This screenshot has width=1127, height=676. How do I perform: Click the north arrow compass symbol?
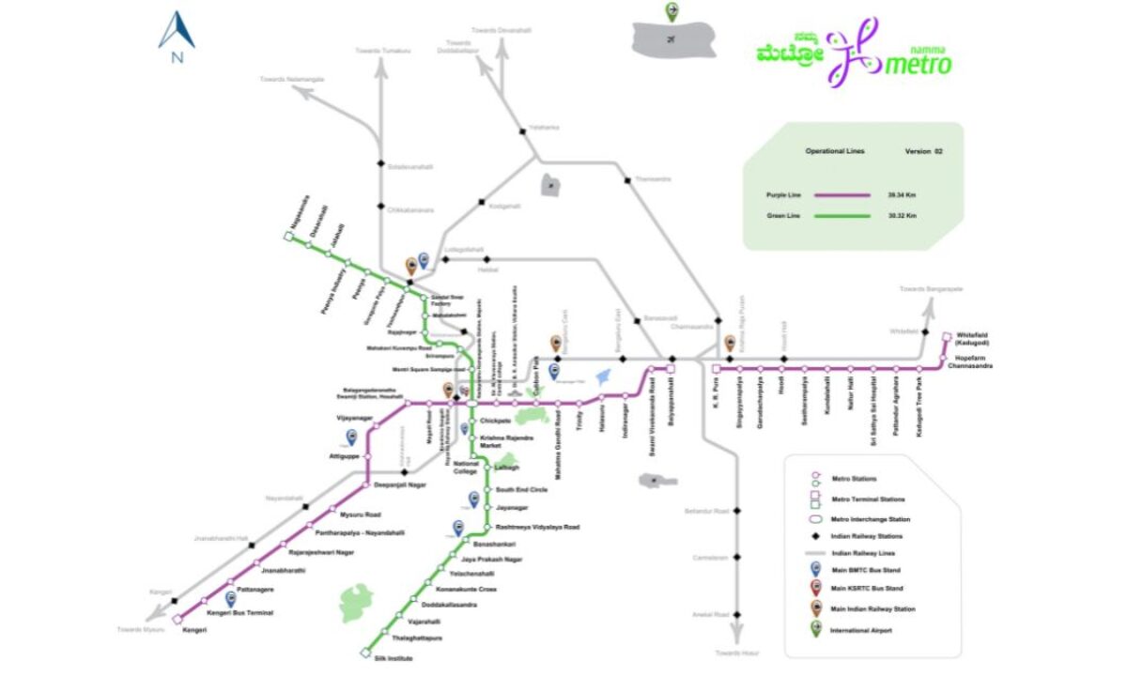coord(176,33)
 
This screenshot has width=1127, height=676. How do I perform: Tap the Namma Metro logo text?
coord(917,63)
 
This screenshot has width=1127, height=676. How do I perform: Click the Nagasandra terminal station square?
coord(289,236)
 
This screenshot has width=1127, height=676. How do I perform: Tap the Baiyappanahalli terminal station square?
coord(671,369)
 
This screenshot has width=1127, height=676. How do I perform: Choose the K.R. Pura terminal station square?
coord(716,369)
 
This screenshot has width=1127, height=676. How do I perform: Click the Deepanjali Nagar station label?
coord(401,484)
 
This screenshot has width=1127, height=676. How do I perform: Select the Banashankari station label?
coord(494,545)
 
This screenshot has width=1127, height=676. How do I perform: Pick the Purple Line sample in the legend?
coord(841,194)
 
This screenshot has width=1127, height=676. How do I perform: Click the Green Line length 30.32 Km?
coord(902,216)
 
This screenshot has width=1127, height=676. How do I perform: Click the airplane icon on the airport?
coord(672,39)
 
